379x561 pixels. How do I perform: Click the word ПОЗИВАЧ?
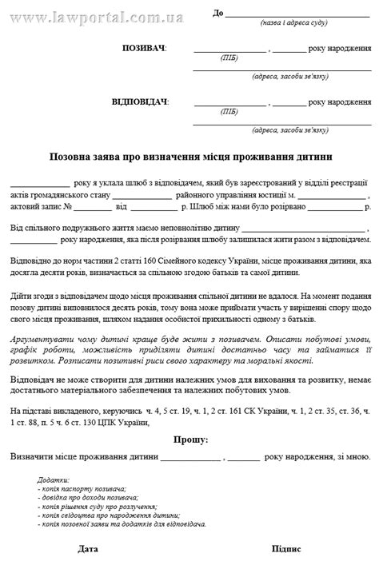144,49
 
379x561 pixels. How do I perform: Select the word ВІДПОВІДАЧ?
141,101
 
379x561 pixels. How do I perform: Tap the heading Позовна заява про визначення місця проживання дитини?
190,157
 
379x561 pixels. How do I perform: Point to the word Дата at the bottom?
89,550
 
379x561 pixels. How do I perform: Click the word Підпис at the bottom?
286,550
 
